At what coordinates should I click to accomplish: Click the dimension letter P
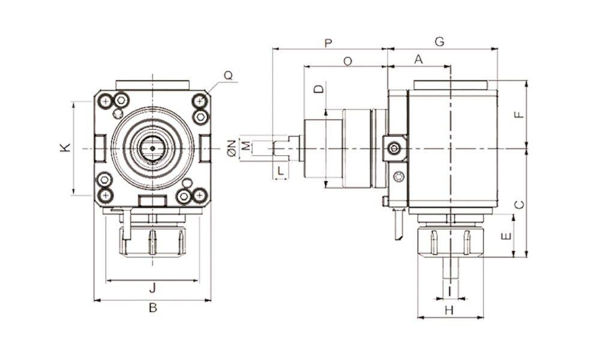click(x=328, y=43)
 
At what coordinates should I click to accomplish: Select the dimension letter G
click(x=439, y=42)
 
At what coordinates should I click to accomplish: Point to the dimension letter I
click(x=449, y=290)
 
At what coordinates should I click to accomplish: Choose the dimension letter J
click(x=152, y=288)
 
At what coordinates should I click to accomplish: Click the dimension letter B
click(x=153, y=308)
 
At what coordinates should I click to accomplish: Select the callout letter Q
click(x=228, y=76)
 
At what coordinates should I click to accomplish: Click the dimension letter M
click(x=245, y=146)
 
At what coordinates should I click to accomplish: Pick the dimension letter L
click(x=280, y=171)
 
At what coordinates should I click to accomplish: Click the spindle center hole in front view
click(x=152, y=148)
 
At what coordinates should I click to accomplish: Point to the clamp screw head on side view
click(x=394, y=148)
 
